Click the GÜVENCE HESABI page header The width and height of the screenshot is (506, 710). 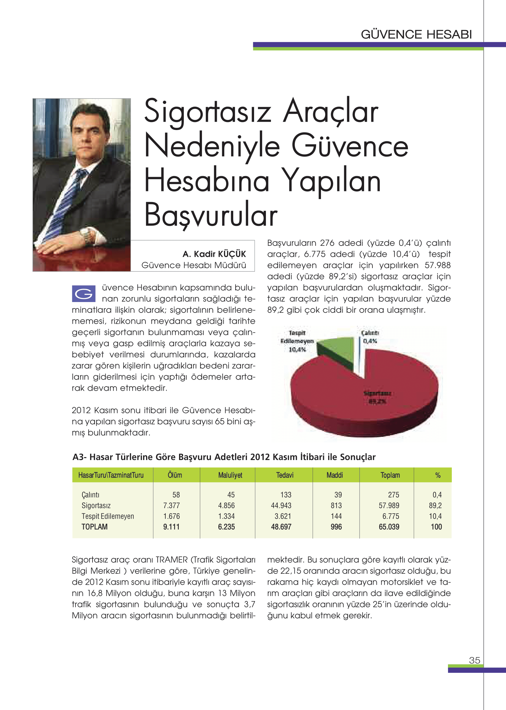click(x=416, y=34)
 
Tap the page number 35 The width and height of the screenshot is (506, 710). click(x=474, y=660)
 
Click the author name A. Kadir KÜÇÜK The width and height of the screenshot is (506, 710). click(x=214, y=254)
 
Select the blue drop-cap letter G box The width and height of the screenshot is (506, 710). click(x=84, y=293)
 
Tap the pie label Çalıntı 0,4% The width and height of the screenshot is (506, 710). click(x=370, y=337)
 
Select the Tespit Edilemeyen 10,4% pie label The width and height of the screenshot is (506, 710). click(x=297, y=341)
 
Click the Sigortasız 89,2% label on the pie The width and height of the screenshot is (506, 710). click(x=377, y=397)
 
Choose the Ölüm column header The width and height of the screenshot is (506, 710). click(x=175, y=475)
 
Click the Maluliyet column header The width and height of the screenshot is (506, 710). click(x=230, y=475)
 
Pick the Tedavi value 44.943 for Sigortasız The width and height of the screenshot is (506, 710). click(x=281, y=506)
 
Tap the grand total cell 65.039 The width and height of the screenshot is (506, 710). click(x=389, y=527)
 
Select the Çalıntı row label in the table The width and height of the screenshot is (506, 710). click(x=90, y=495)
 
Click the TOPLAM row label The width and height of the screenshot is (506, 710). click(x=94, y=527)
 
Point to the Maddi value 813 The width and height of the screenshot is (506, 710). click(x=336, y=506)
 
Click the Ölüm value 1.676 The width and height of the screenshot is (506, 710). click(x=171, y=516)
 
